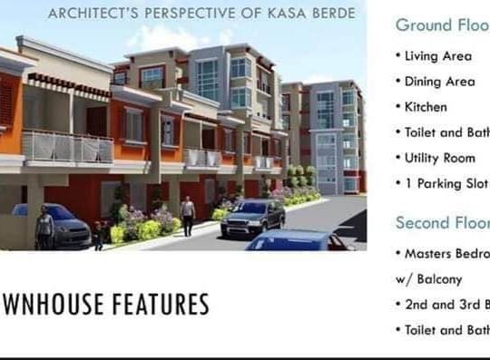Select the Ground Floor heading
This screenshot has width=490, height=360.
click(x=443, y=24)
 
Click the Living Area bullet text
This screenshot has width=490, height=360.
click(x=438, y=56)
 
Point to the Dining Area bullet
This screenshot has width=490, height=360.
click(x=439, y=82)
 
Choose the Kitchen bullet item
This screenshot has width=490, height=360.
click(x=426, y=107)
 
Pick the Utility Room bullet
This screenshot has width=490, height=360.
click(x=439, y=158)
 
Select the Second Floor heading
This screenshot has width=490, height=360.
click(x=443, y=222)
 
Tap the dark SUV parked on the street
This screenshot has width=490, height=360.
click(x=253, y=217)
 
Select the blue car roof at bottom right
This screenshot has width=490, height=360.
click(x=299, y=240)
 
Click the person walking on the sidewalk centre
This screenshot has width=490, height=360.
click(x=188, y=215)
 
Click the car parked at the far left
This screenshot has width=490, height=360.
click(x=64, y=225)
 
